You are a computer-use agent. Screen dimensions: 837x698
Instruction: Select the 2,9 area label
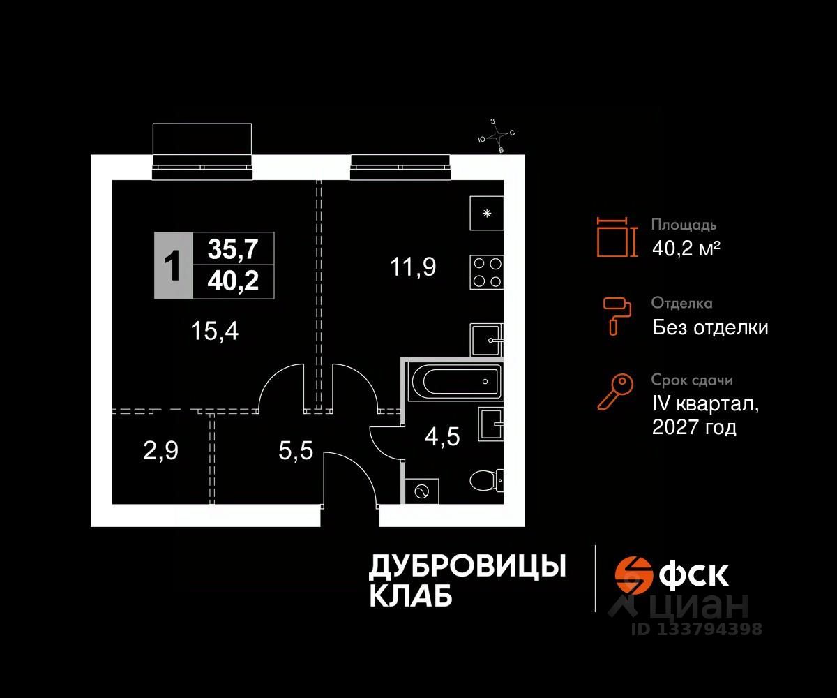pyautogui.click(x=160, y=451)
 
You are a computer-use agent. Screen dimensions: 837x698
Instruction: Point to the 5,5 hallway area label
pyautogui.click(x=296, y=451)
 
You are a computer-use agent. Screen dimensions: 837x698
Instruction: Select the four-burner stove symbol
pyautogui.click(x=486, y=272)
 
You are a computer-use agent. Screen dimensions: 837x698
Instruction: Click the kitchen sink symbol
pyautogui.click(x=486, y=341)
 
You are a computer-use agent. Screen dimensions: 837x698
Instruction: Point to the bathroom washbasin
pyautogui.click(x=490, y=424)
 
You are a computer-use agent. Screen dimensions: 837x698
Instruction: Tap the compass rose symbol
pyautogui.click(x=496, y=135)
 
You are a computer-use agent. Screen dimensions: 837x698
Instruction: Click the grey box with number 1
pyautogui.click(x=171, y=266)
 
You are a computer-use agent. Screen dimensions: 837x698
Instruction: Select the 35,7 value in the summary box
pyautogui.click(x=232, y=248)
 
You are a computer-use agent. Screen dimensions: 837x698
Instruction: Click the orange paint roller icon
pyautogui.click(x=617, y=314)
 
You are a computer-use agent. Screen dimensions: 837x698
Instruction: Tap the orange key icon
pyautogui.click(x=615, y=392)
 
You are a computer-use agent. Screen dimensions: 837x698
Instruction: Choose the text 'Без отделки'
pyautogui.click(x=710, y=327)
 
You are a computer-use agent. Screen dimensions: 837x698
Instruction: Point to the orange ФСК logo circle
pyautogui.click(x=632, y=574)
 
